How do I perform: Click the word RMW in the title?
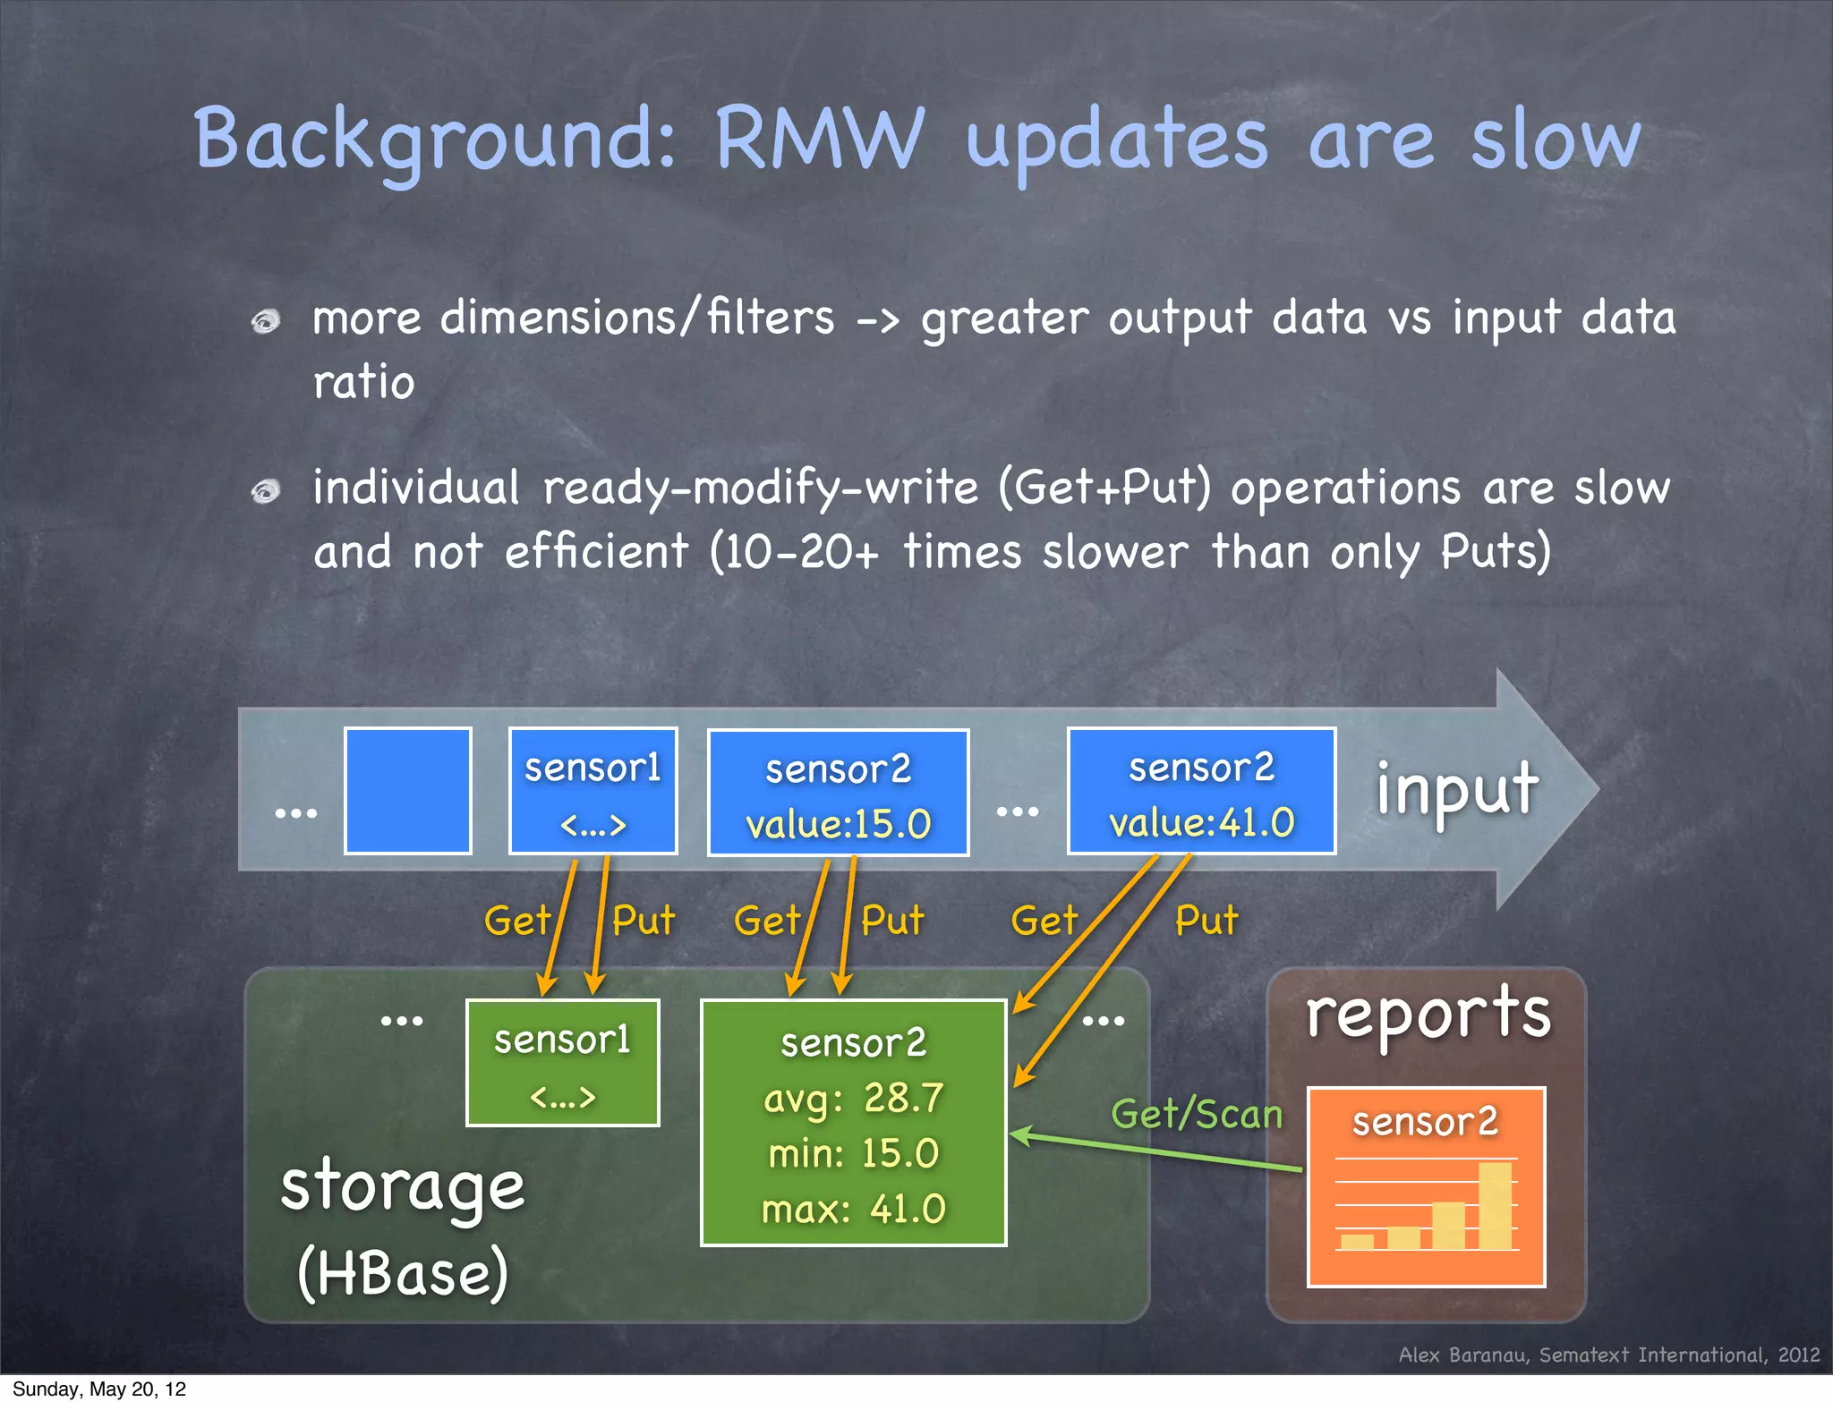click(819, 139)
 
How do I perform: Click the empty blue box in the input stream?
click(408, 791)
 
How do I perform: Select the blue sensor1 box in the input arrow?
click(593, 791)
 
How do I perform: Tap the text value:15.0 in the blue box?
click(839, 824)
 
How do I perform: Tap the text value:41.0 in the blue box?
click(1202, 822)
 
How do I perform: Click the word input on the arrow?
click(1457, 789)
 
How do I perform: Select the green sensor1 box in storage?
click(563, 1063)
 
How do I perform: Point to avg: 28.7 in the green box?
click(853, 1098)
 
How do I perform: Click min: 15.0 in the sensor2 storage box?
click(853, 1153)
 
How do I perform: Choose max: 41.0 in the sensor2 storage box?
click(853, 1209)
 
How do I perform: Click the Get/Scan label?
click(1197, 1115)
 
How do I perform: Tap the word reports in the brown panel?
click(1428, 1015)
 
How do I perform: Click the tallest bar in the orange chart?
click(1495, 1205)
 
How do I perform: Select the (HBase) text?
click(403, 1272)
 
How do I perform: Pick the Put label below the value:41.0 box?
click(1206, 920)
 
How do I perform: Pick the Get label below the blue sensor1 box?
click(517, 920)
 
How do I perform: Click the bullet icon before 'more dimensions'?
click(266, 320)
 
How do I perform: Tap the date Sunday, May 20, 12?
click(99, 1389)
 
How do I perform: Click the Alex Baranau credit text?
click(1608, 1355)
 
